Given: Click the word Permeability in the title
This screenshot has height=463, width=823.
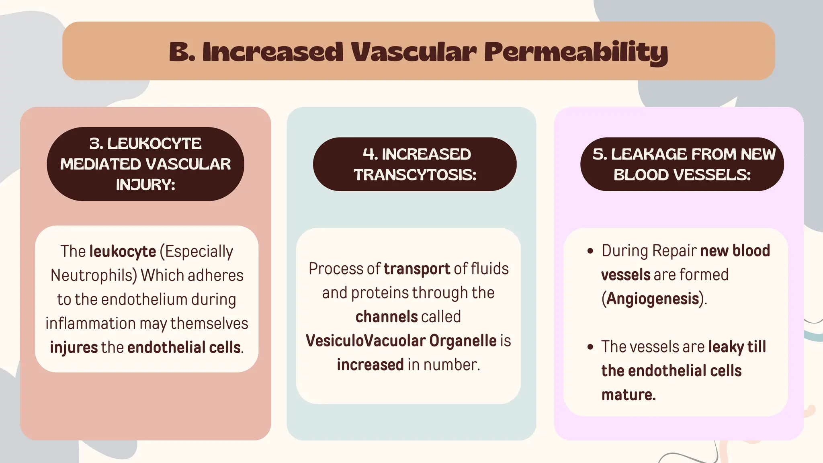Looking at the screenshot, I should point(575,53).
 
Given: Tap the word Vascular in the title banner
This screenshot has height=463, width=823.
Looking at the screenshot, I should point(414,52).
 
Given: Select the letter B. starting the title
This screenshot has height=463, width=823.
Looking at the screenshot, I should point(182,52).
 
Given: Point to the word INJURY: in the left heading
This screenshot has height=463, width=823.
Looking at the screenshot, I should point(145,185).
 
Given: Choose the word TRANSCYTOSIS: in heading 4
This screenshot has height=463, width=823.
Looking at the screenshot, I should point(415,175).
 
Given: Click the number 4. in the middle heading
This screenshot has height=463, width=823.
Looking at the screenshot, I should point(369,154).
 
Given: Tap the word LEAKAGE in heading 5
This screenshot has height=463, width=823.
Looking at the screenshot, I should point(649,154).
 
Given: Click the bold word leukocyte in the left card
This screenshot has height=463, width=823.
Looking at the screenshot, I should point(123,252).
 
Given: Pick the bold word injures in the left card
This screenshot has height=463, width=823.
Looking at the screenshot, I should point(74,348).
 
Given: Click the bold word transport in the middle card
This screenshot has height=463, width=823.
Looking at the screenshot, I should point(417,269).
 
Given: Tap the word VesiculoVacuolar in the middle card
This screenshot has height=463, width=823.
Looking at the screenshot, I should point(366,341).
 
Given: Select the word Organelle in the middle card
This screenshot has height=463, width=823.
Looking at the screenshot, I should point(463,341).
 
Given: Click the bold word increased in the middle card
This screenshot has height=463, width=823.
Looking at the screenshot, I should point(370,365).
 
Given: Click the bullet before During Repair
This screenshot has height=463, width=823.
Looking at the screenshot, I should point(590,251).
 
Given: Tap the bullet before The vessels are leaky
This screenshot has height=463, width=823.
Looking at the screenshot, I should point(590,347).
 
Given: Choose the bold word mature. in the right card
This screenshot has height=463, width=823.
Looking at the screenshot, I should point(629,395).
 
